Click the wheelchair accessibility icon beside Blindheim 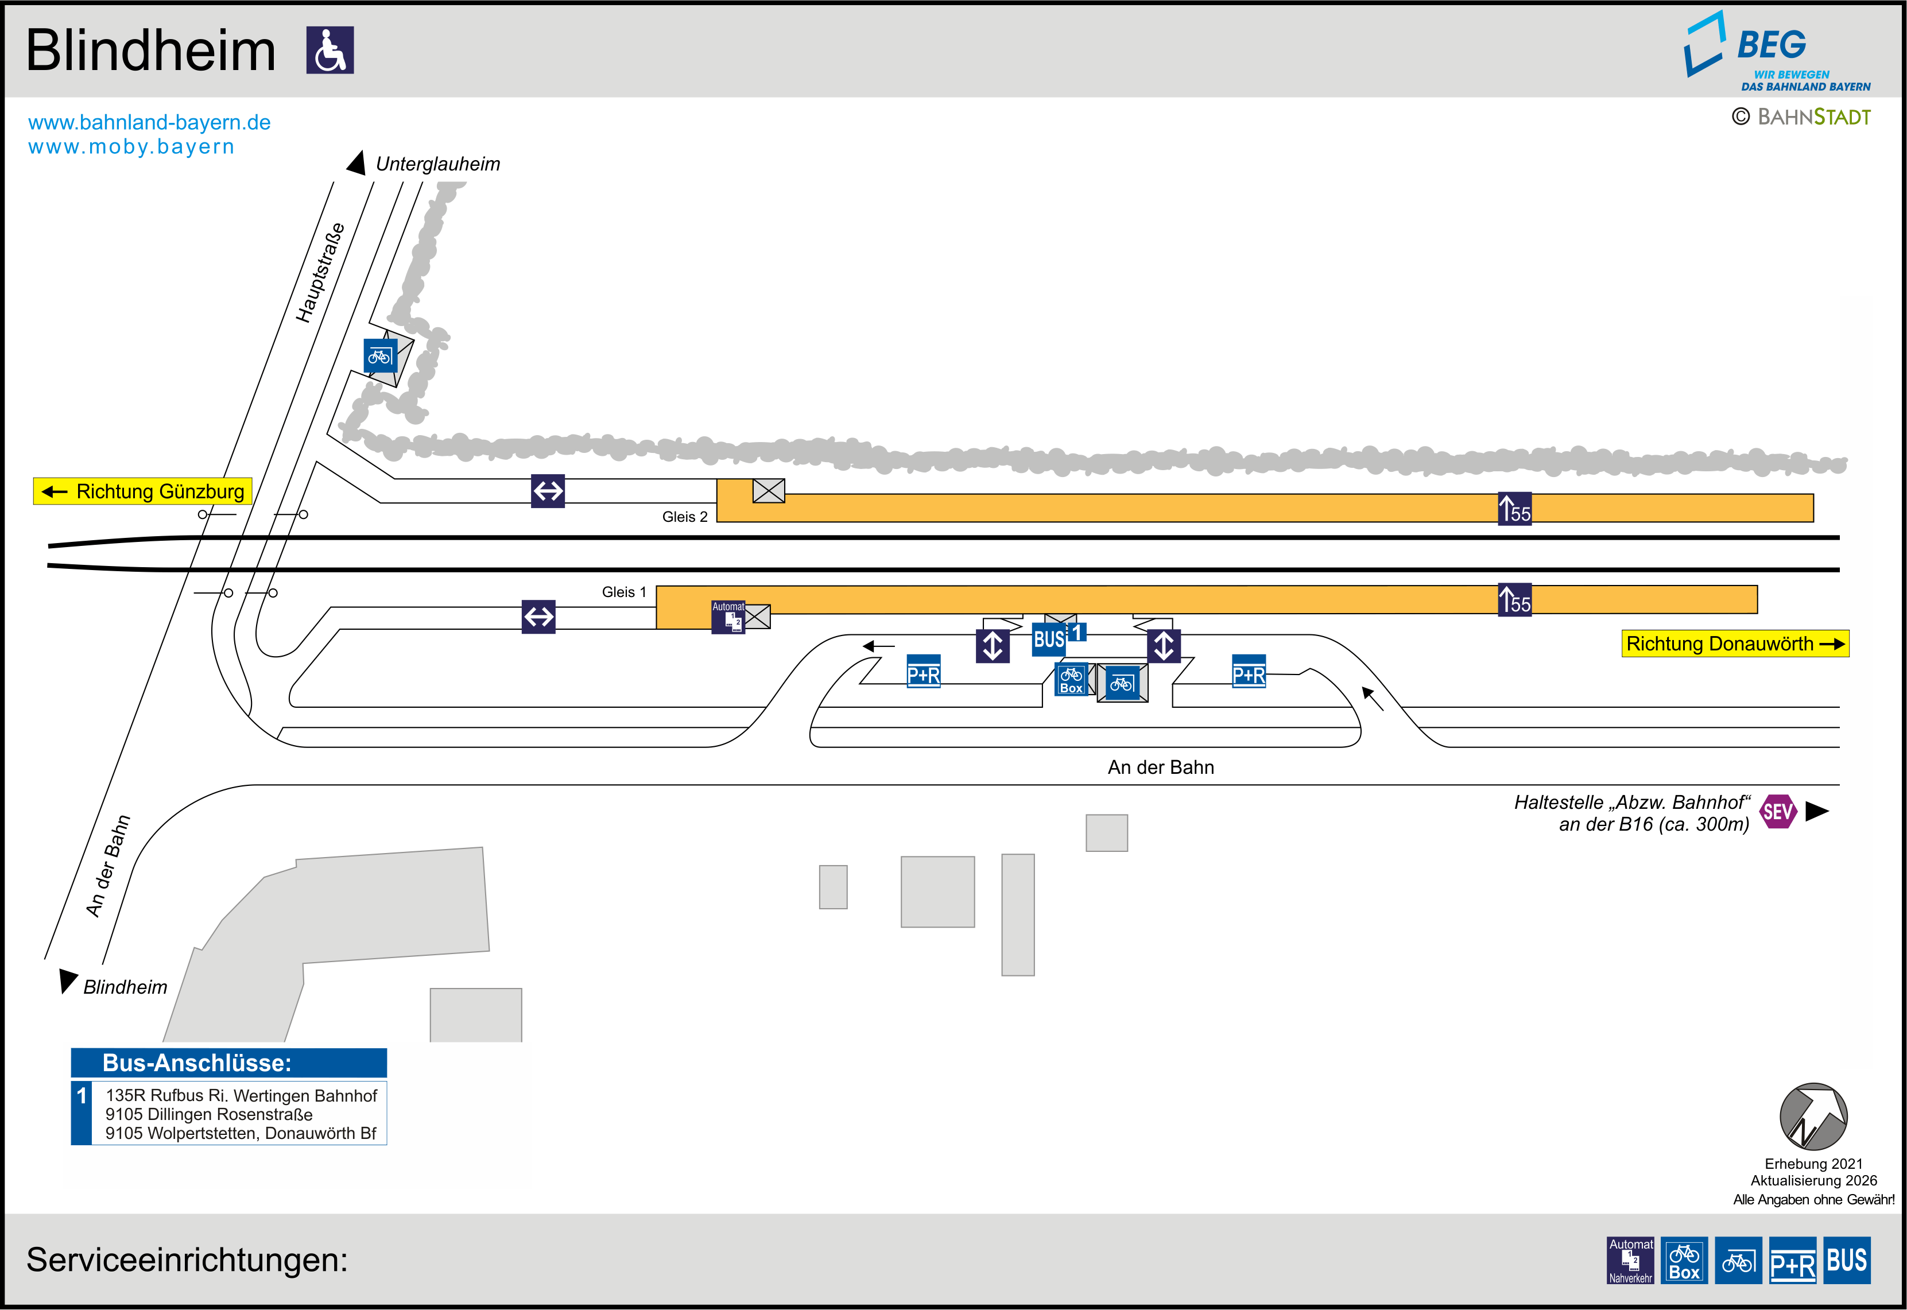tap(330, 50)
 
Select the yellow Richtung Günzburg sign tap(143, 491)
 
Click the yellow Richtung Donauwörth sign tap(1735, 644)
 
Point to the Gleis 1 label tap(623, 592)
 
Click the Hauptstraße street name tap(320, 273)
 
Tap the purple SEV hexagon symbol tap(1777, 812)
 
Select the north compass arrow tap(1813, 1117)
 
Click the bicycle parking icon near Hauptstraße tap(380, 355)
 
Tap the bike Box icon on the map tap(1071, 679)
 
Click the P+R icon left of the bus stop tap(923, 672)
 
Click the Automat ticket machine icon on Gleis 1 tap(728, 617)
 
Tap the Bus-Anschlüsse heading tap(197, 1063)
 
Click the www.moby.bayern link tap(131, 147)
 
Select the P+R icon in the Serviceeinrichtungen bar tap(1792, 1260)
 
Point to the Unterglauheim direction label tap(437, 164)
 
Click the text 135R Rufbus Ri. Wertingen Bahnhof tap(241, 1096)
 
